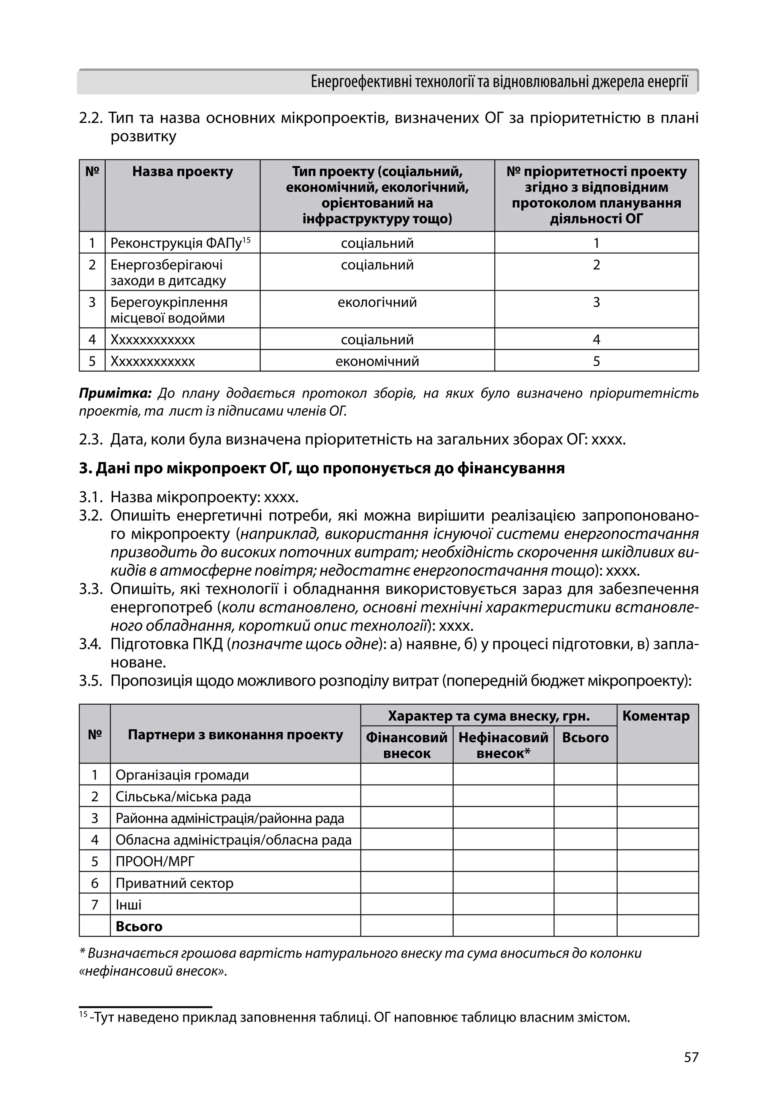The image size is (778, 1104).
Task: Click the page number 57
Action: point(691,1057)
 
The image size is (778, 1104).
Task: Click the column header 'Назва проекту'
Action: point(182,172)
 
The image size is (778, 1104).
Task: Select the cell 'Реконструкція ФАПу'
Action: point(177,243)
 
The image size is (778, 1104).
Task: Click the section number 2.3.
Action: point(91,440)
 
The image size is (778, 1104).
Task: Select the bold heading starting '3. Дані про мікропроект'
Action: point(321,468)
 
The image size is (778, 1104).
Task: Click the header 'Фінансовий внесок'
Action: point(406,745)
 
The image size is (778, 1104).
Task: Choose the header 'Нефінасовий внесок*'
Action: point(503,745)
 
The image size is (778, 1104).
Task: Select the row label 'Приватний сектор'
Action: point(174,883)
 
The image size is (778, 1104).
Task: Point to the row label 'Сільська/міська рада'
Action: point(183,797)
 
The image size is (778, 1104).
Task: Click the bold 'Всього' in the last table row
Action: point(139,926)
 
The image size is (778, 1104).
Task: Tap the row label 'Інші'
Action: point(128,905)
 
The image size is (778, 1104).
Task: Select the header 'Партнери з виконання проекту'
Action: point(235,735)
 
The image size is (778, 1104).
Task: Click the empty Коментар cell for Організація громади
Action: point(657,775)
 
